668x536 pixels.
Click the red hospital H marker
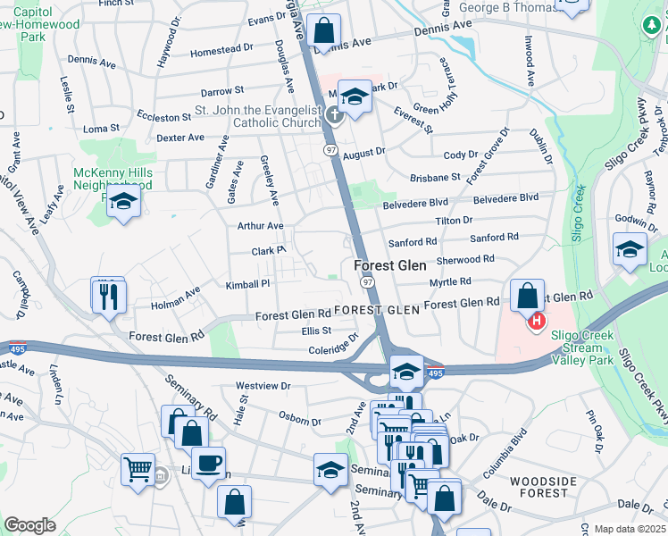[x=537, y=321]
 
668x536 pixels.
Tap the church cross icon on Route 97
[x=334, y=113]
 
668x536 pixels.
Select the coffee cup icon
[x=209, y=463]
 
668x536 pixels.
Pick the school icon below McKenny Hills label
[x=123, y=202]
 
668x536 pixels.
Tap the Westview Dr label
[x=263, y=385]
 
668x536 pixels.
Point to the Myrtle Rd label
[x=450, y=281]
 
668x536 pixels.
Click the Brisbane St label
[x=435, y=177]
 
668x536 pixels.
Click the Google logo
[x=30, y=525]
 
